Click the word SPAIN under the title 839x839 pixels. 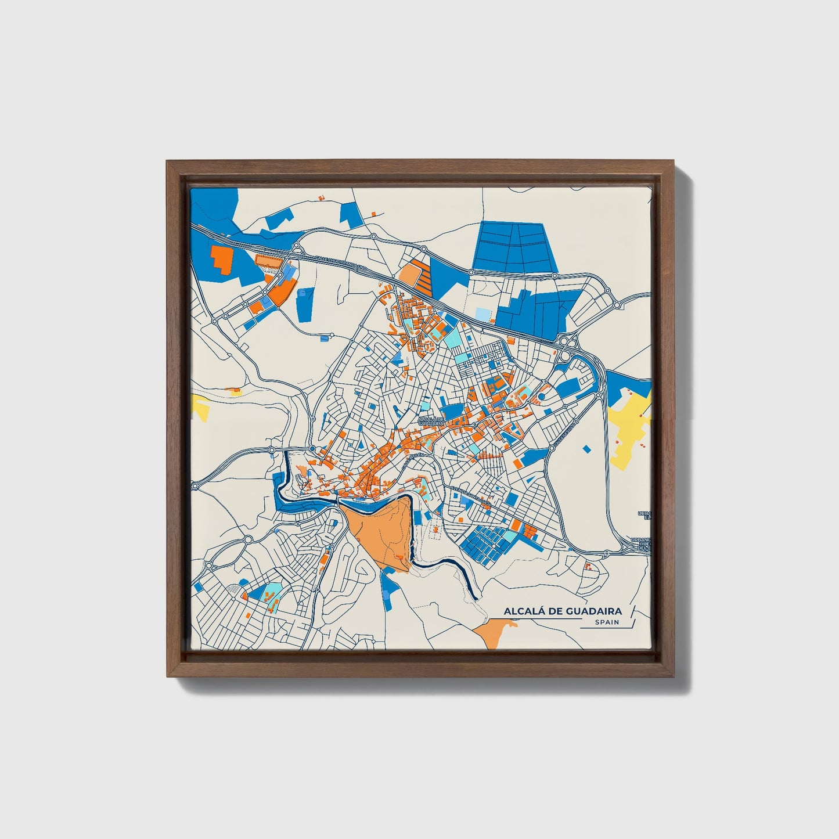tap(607, 622)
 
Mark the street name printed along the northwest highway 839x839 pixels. tap(340, 264)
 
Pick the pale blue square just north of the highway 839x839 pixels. tap(482, 314)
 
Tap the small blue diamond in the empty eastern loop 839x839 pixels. tap(586, 448)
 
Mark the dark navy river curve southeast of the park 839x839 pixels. tap(459, 575)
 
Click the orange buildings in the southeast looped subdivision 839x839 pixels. tap(589, 566)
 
